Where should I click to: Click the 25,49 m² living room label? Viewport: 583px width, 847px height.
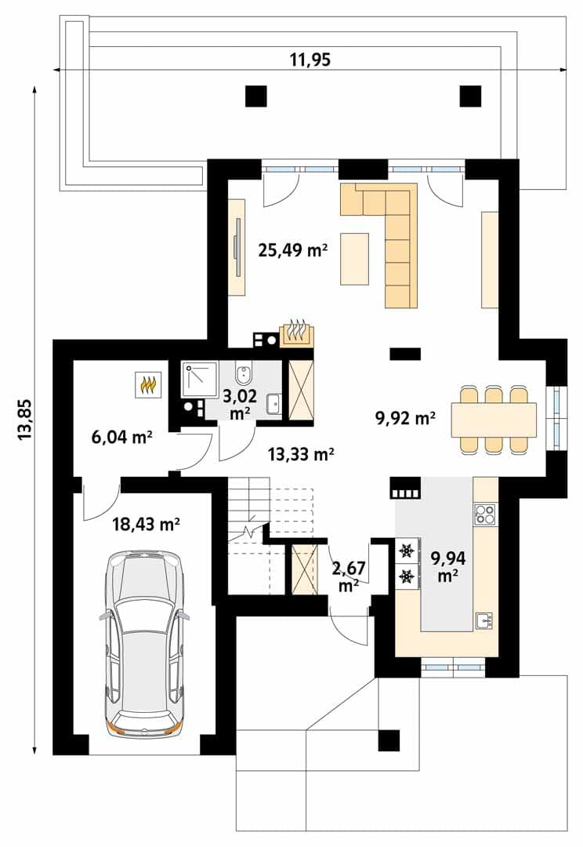click(293, 250)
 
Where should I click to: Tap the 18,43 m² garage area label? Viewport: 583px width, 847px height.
click(147, 523)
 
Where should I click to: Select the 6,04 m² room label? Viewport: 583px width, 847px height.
click(121, 437)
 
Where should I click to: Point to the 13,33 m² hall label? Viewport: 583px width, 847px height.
click(301, 454)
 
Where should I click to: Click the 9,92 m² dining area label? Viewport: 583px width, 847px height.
click(405, 417)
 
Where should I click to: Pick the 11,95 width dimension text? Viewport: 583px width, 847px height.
click(310, 60)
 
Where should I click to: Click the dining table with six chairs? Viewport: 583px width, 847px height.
click(494, 419)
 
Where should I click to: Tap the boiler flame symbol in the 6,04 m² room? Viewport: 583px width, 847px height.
click(148, 384)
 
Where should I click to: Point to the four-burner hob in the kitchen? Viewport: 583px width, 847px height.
click(484, 514)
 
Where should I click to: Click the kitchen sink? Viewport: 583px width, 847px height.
click(483, 620)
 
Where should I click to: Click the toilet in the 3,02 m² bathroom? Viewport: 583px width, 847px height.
click(244, 374)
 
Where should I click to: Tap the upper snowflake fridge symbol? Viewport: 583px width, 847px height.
click(405, 551)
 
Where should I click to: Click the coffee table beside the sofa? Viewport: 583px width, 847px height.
click(355, 259)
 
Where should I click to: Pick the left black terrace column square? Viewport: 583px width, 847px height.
click(256, 96)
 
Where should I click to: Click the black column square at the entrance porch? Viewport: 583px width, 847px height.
click(389, 740)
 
